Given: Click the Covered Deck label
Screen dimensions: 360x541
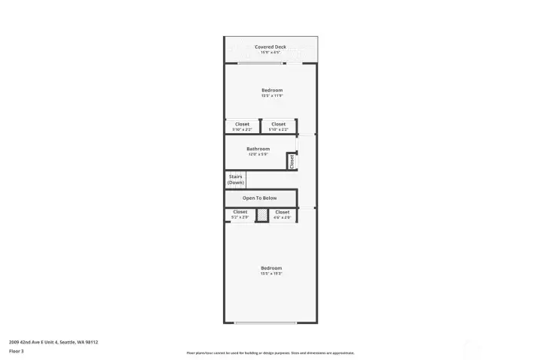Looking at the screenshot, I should (x=270, y=47).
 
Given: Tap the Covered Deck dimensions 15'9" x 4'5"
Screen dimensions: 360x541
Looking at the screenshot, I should (x=270, y=53).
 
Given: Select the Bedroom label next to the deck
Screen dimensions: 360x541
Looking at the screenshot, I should (x=271, y=90).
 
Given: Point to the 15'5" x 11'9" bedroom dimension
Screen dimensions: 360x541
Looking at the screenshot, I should (x=271, y=96).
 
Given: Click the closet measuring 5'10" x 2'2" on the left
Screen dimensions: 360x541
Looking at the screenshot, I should (x=242, y=126).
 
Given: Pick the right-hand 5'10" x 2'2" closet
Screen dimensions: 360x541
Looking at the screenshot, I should (x=278, y=126).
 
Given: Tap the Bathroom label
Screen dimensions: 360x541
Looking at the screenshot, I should (x=258, y=149).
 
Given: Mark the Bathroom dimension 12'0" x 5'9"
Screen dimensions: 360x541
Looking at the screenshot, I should (x=258, y=154).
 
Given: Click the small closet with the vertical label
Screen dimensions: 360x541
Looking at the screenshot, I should (x=292, y=162).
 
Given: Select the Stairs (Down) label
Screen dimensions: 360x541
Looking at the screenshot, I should (x=235, y=180).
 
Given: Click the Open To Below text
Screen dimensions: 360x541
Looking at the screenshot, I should (x=259, y=198).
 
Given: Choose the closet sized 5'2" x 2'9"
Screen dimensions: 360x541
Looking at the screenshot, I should (x=240, y=214).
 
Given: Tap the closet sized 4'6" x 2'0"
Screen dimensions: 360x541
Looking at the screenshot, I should (x=282, y=214).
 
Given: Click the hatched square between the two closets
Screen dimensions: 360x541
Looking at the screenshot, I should (x=261, y=216).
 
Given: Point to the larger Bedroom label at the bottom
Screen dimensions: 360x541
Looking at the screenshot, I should (x=271, y=268).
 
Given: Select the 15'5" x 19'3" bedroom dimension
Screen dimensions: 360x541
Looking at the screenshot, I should (x=271, y=274).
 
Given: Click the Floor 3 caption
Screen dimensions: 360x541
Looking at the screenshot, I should (x=17, y=351).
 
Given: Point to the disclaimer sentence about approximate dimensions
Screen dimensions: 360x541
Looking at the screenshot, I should (x=270, y=352).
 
